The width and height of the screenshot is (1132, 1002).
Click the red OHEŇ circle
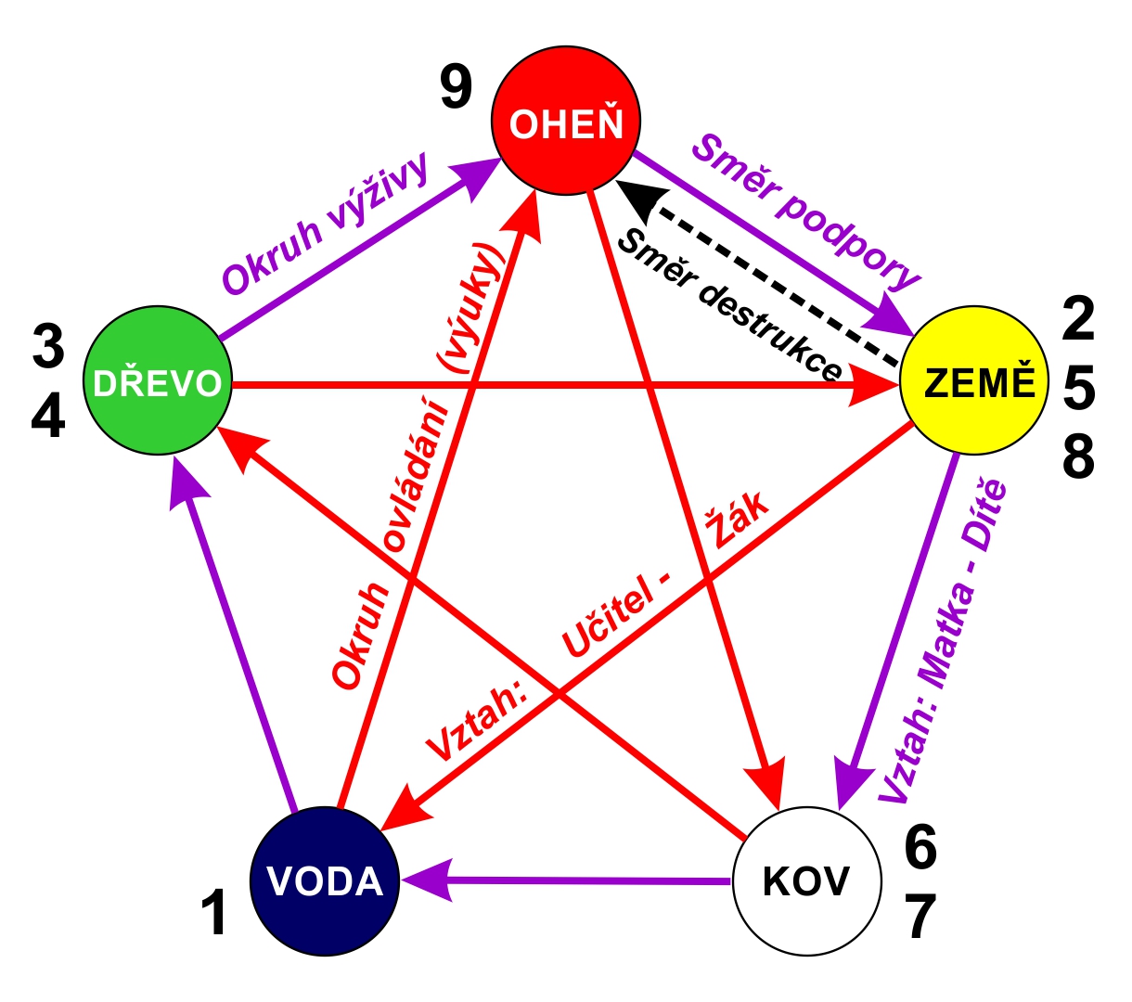pos(566,121)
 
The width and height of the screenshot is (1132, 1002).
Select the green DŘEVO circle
pos(158,380)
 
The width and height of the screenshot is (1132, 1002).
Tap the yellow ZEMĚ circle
pos(974,380)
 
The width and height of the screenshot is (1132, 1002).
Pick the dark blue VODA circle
pos(325,881)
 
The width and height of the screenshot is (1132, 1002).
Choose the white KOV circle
pos(807,881)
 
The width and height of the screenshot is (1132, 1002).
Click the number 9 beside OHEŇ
pos(456,87)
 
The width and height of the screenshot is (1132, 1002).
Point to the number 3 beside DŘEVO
pos(48,346)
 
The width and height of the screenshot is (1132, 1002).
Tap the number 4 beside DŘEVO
pos(48,416)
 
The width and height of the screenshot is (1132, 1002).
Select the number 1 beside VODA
pos(213,912)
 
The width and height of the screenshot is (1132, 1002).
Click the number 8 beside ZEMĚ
pos(1078,456)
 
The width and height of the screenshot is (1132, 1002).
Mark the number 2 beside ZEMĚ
pos(1078,318)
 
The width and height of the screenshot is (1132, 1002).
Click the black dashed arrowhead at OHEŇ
pos(642,200)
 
